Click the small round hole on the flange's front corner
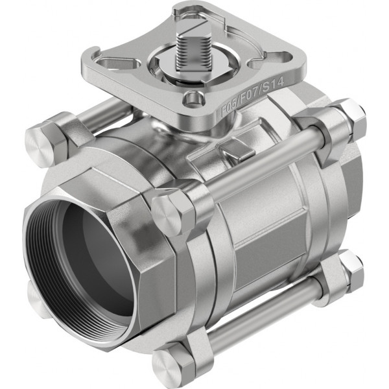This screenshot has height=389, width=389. (193, 99)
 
